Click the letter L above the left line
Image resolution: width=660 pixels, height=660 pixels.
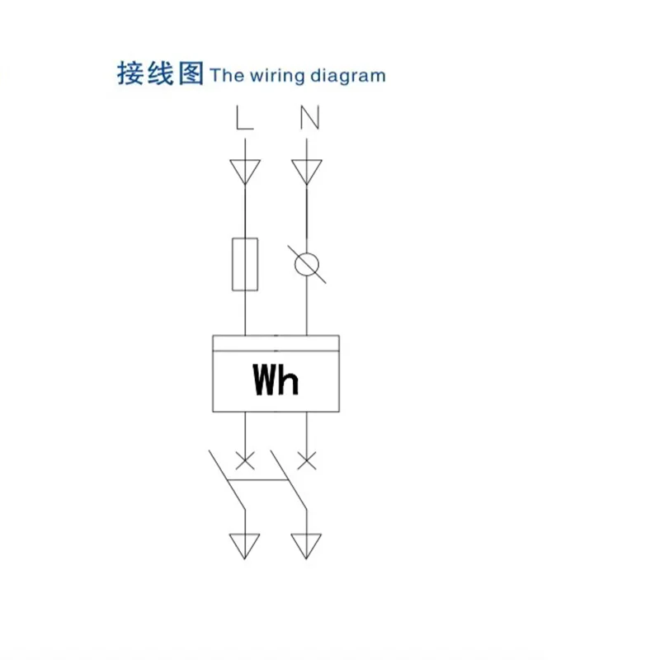[x=244, y=120]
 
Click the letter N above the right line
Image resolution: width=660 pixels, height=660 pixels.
[x=309, y=120]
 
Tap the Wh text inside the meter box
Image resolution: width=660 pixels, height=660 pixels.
[x=276, y=380]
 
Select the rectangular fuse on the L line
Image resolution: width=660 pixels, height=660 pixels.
[x=245, y=264]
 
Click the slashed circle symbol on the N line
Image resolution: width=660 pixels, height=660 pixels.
[x=307, y=264]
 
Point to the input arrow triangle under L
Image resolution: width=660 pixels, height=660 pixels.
[x=245, y=171]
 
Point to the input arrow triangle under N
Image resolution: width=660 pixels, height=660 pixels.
[x=307, y=171]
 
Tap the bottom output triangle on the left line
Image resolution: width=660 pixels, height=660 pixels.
[x=245, y=544]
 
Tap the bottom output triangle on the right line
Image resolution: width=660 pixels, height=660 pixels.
[x=307, y=544]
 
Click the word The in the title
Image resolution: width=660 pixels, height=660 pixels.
[x=227, y=77]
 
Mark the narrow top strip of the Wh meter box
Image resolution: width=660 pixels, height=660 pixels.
[x=276, y=342]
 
